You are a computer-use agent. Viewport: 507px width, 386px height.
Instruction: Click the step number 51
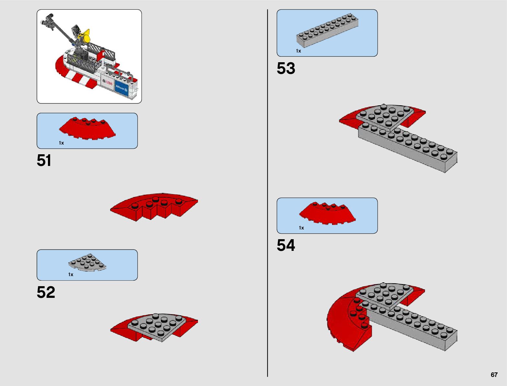tap(44, 161)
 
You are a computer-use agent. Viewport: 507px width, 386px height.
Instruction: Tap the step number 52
tap(46, 292)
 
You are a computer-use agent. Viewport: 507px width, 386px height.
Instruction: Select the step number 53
tap(286, 68)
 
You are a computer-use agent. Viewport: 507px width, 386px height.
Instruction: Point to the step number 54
tap(286, 245)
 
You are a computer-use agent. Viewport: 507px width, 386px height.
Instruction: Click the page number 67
tap(494, 375)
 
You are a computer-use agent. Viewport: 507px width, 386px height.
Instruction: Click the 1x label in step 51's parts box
tap(61, 143)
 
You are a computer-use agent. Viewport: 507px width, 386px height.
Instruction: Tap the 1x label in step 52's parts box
tap(71, 275)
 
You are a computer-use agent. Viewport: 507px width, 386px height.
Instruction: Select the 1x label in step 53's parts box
tap(298, 51)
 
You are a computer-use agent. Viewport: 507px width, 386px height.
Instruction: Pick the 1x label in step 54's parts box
tap(301, 228)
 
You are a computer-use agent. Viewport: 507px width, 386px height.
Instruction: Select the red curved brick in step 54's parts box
tap(327, 213)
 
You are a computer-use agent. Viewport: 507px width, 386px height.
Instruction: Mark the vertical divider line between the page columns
tap(268, 194)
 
